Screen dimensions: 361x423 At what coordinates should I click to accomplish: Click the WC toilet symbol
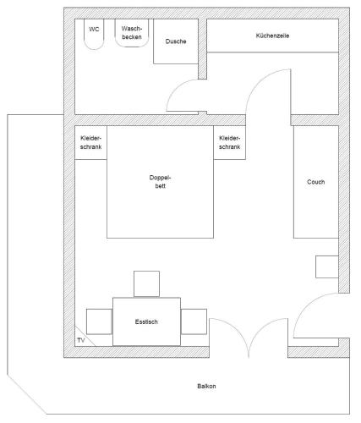coord(94,35)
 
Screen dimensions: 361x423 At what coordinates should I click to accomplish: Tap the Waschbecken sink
coord(132,33)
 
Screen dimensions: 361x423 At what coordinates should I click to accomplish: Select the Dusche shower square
coord(176,41)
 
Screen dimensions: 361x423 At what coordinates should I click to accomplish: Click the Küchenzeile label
coord(272,36)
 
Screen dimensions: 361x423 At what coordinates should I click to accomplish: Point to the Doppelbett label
coord(160,182)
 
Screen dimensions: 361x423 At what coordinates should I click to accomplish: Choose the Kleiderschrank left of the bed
coord(90,142)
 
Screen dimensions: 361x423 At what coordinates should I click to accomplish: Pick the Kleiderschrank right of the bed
coord(229,142)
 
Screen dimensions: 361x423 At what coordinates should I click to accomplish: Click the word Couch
coord(316,182)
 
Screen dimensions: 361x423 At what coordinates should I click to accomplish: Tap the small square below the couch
coord(327,266)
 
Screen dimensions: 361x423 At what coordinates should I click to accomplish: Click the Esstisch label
coord(146,321)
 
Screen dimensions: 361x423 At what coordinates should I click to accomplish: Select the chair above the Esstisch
coord(146,283)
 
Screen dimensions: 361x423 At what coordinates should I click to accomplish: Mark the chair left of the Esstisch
coord(99,321)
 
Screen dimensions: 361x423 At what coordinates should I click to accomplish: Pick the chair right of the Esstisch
coord(194,321)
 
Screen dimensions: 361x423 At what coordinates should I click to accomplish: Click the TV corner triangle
coord(81,338)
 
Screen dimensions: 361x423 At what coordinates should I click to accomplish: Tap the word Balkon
coord(206,387)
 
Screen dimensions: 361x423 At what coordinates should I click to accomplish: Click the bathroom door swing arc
coord(175,88)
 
